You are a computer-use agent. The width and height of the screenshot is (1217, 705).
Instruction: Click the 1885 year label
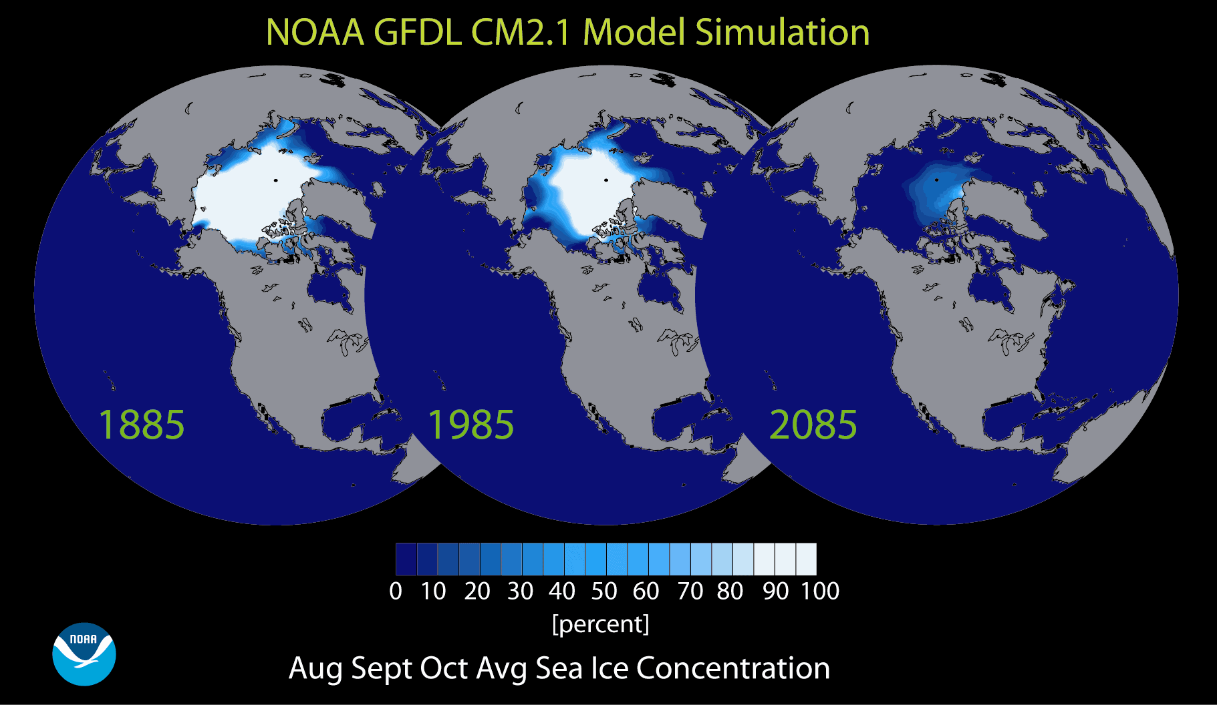pos(141,425)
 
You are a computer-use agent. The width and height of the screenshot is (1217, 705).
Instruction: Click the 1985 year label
pos(470,425)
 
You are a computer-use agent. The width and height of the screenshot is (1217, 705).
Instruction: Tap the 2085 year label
pos(813,425)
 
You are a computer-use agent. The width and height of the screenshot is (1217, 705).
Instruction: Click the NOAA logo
pos(84,654)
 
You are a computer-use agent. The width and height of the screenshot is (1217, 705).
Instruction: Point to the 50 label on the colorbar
pos(604,592)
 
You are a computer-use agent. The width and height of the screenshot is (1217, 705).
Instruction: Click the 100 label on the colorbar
pos(820,592)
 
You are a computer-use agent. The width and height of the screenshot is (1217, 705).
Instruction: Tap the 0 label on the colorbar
pos(396,592)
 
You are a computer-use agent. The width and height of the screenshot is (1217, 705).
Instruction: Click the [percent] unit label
pos(600,624)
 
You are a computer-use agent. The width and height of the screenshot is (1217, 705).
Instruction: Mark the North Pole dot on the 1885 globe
pos(275,180)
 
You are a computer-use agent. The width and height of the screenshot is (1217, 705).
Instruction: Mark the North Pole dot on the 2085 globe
pos(936,180)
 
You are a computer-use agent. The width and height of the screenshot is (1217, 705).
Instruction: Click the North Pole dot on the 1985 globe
pos(606,180)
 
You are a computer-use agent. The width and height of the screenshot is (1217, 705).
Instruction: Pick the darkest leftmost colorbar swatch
pos(406,559)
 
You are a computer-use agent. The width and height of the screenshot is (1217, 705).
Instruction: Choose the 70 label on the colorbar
pos(690,592)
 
